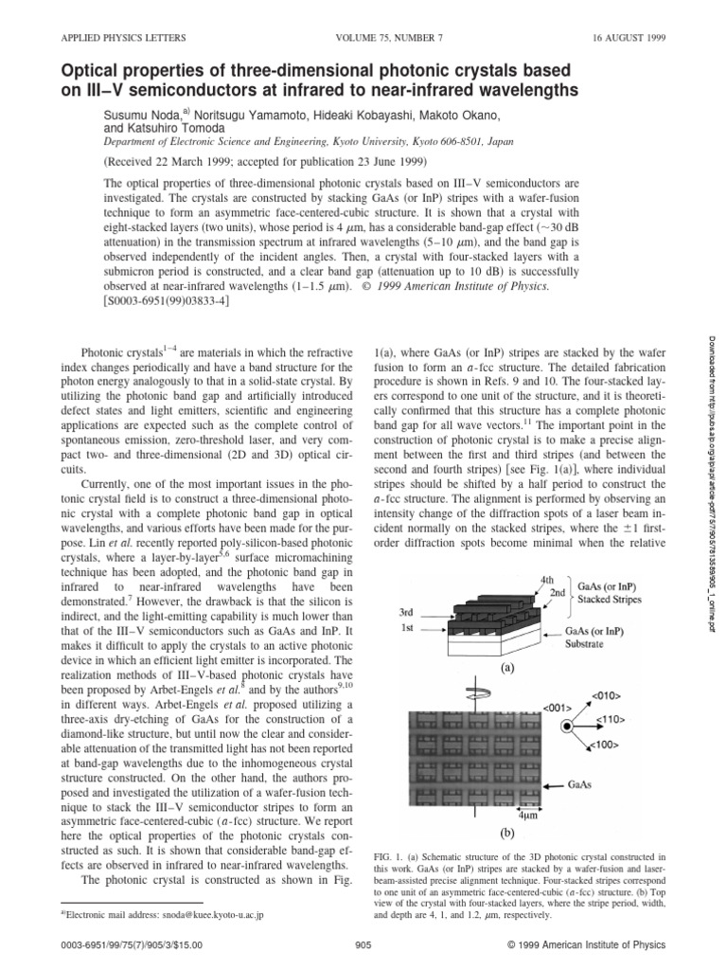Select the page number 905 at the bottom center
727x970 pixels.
pyautogui.click(x=363, y=943)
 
